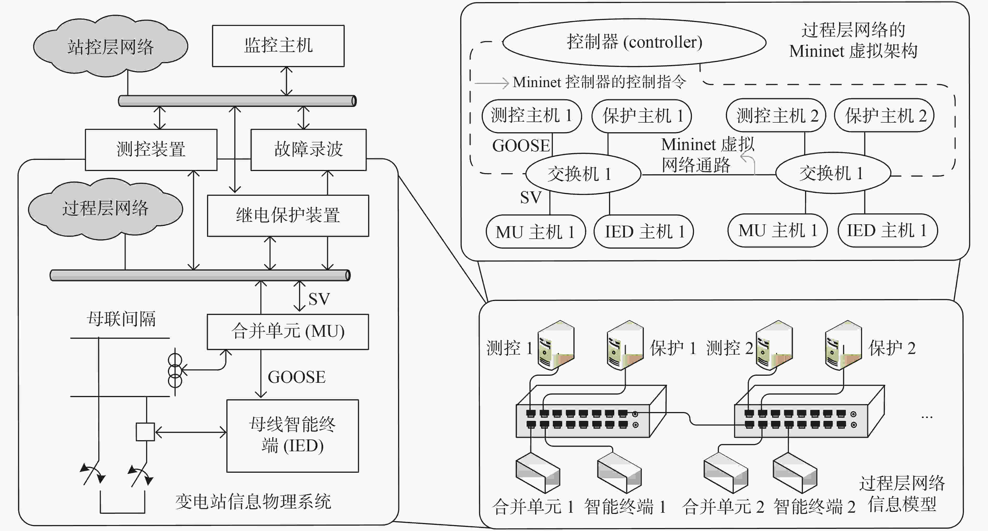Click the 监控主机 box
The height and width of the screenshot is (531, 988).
point(278,46)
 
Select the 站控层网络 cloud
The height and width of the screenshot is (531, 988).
point(111,46)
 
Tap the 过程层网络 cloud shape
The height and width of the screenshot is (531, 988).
point(106,208)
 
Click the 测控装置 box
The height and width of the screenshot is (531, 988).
point(151,149)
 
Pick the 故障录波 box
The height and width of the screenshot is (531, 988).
point(308,149)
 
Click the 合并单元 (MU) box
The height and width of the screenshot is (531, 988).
point(288,332)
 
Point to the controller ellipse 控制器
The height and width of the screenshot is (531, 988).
point(634,42)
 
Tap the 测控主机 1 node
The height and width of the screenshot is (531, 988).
point(532,116)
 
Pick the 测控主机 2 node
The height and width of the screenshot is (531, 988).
point(776,115)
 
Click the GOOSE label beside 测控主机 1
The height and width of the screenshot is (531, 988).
point(521,146)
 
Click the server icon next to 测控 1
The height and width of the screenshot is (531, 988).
point(556,345)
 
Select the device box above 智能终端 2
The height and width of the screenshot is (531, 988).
point(795,473)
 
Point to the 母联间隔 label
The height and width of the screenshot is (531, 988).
point(121,319)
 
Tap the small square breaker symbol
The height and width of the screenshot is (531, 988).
point(145,432)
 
